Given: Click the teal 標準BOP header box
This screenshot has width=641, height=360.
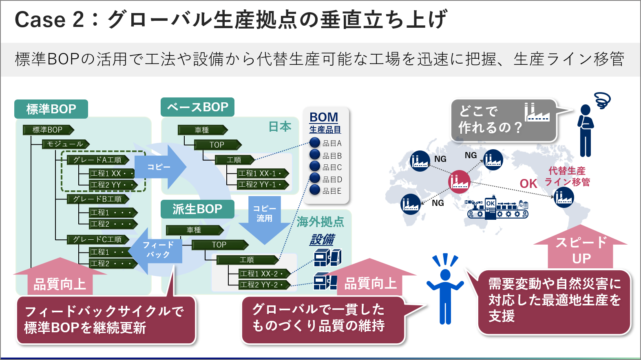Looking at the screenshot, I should [x=51, y=109].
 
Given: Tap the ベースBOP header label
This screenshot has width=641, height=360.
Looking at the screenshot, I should [x=197, y=107].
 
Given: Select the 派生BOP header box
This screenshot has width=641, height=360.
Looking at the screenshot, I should [x=197, y=209].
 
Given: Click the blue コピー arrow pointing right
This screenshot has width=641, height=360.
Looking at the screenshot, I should [x=161, y=167].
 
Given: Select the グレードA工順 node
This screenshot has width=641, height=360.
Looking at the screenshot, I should [x=98, y=160].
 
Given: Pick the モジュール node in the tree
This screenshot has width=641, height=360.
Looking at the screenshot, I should [x=65, y=144].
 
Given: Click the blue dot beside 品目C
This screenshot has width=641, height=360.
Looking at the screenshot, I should [x=315, y=166].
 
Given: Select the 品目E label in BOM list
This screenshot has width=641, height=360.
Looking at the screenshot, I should [x=332, y=191].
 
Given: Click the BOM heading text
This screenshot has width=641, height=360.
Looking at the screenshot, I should [x=324, y=117].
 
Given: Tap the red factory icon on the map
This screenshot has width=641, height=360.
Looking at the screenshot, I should [x=459, y=181].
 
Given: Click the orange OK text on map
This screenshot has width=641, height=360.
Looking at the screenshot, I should [x=528, y=184].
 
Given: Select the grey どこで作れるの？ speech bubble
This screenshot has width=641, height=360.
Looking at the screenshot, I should [x=503, y=120].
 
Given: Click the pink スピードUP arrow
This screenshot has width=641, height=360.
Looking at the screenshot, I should [x=581, y=249].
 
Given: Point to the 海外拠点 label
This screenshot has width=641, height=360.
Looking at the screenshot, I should [x=320, y=222].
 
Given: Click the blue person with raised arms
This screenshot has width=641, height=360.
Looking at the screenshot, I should [x=445, y=289].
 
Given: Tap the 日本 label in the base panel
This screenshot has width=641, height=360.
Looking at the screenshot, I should [x=280, y=127].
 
